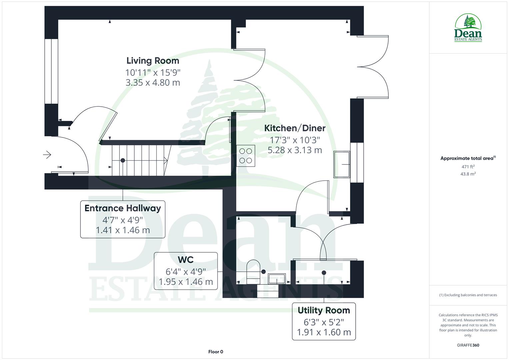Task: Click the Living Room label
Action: (153, 61)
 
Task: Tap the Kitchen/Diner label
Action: (295, 128)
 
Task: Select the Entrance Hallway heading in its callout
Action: (123, 208)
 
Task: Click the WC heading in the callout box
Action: (186, 259)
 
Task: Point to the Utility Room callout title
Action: (324, 310)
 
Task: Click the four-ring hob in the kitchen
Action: (246, 156)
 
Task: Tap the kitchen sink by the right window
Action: (342, 164)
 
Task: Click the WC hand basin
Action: (277, 278)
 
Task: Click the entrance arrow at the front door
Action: (47, 155)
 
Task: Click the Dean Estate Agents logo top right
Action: (468, 28)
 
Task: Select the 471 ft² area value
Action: (468, 167)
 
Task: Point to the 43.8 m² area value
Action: (468, 174)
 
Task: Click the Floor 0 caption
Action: (216, 352)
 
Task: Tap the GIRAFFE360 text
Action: (468, 345)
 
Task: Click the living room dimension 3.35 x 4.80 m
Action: (153, 83)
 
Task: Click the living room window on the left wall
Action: (51, 71)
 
